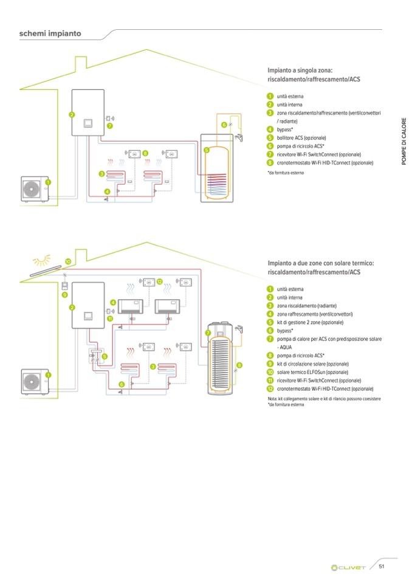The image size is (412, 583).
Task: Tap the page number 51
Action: pos(382,567)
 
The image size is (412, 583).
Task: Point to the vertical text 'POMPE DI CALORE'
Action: pos(403,139)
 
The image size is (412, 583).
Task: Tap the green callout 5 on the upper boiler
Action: pos(206,149)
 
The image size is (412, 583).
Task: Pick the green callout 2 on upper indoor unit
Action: pos(71,114)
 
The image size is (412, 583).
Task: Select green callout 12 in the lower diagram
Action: pos(160,281)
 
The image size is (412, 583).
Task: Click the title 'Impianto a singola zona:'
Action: pos(300,71)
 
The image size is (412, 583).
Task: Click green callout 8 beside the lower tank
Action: pos(239,365)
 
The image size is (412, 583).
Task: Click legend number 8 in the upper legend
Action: pos(270,163)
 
